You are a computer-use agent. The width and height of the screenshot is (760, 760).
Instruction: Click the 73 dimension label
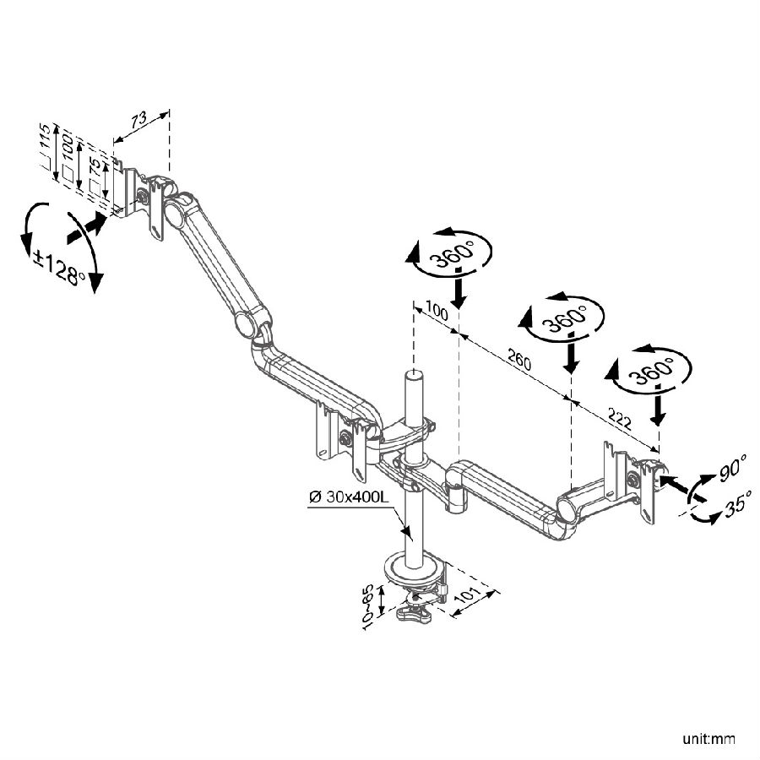tap(138, 122)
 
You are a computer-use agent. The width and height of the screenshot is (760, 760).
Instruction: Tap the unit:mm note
tap(709, 740)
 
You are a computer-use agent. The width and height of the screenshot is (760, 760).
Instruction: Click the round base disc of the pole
tap(414, 570)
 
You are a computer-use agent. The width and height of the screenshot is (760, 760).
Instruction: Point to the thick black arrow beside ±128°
tap(87, 226)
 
